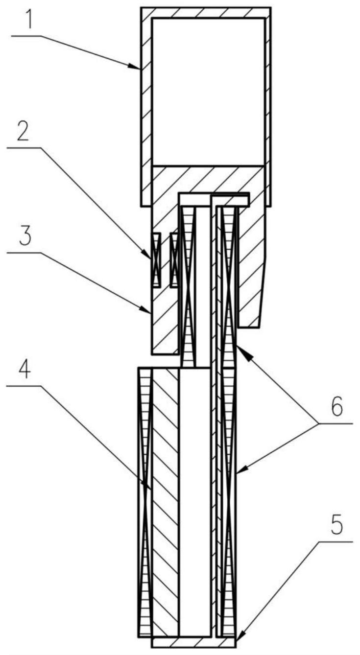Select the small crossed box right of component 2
[175, 259]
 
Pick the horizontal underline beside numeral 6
[336, 423]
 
